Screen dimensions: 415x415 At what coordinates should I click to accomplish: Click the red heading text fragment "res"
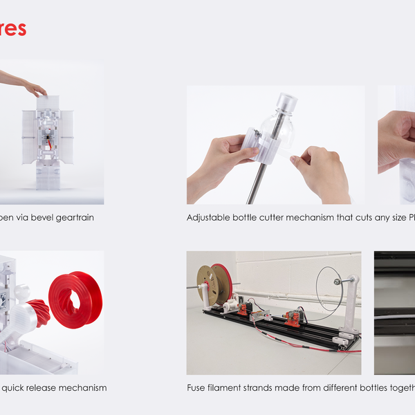click(x=12, y=28)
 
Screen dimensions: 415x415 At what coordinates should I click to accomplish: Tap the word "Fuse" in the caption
click(x=197, y=388)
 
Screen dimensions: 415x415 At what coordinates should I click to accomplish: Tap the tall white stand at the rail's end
click(x=351, y=304)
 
